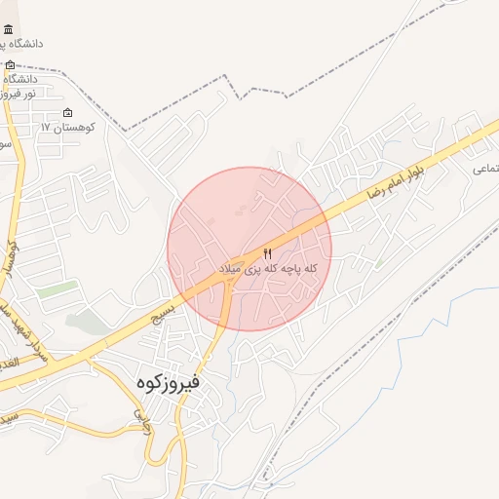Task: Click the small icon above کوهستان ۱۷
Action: tap(67, 112)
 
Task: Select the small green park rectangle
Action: tap(58, 289)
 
